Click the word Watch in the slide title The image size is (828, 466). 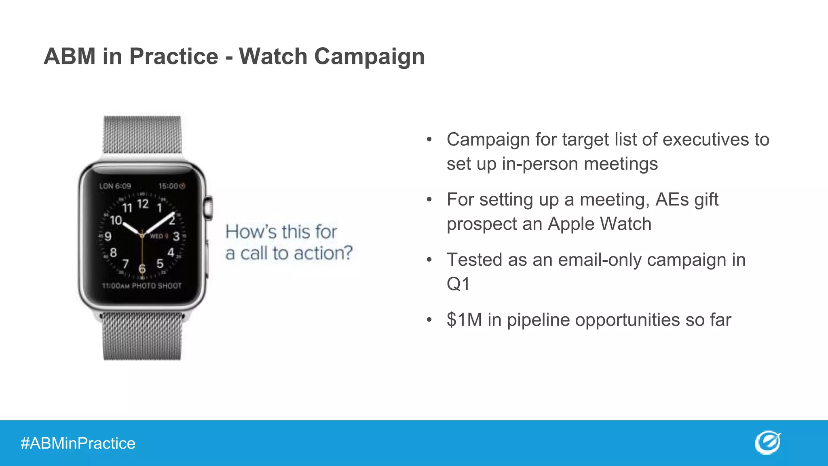[x=273, y=56]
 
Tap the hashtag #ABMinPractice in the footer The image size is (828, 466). [x=78, y=443]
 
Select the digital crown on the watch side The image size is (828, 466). [x=209, y=208]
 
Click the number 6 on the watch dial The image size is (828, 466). [x=142, y=269]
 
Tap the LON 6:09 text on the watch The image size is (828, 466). [x=115, y=186]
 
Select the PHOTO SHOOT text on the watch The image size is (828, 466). [x=157, y=286]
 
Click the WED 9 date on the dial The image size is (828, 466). [x=159, y=236]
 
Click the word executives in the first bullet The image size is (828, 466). [x=705, y=140]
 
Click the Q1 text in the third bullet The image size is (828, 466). [x=458, y=284]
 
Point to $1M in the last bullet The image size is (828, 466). [x=464, y=320]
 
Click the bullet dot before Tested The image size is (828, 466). [x=429, y=260]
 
